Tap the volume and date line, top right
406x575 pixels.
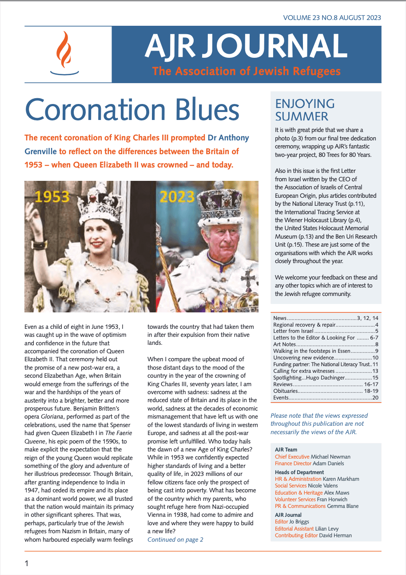(x=332, y=18)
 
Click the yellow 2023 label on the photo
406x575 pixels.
(x=178, y=196)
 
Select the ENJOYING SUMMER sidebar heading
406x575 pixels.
(x=305, y=110)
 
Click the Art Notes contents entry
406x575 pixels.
(x=284, y=344)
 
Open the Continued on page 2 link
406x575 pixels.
(x=175, y=539)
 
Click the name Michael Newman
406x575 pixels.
(x=330, y=456)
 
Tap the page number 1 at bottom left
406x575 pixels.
(x=27, y=563)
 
